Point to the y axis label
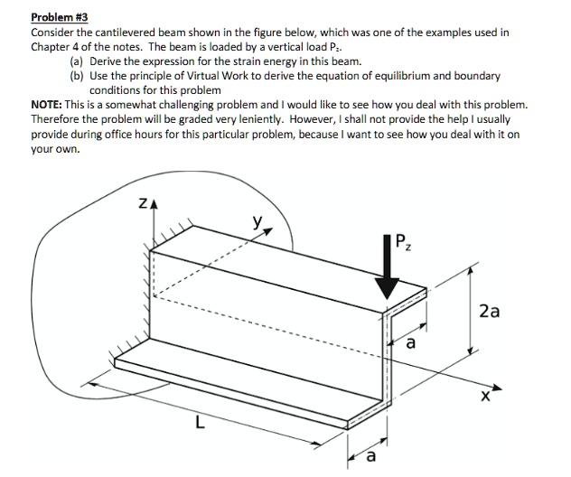point(260,220)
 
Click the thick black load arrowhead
point(387,285)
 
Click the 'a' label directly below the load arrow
point(409,344)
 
